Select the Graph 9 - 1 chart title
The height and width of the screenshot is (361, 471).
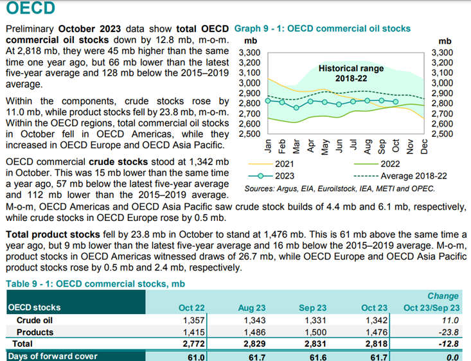[x=323, y=28]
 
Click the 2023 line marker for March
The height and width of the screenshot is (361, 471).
[x=296, y=107]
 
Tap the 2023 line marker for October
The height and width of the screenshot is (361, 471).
[x=396, y=102]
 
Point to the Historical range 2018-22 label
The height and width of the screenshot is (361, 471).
[x=351, y=73]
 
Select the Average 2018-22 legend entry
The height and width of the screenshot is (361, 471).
[x=400, y=176]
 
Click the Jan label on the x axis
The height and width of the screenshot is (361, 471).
[x=268, y=146]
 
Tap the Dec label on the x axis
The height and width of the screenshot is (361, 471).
[x=424, y=146]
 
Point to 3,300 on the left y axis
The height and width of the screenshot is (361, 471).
[x=249, y=53]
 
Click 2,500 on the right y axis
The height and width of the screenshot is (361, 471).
[x=442, y=134]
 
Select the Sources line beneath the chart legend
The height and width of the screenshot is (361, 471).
[x=340, y=189]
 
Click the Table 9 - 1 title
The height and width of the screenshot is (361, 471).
[x=96, y=284]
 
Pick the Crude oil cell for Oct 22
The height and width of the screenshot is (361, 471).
[x=194, y=321]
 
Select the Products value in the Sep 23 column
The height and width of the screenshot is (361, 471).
[x=315, y=332]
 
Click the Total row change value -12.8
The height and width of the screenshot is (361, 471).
[x=449, y=344]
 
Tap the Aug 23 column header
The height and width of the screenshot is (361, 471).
[x=252, y=308]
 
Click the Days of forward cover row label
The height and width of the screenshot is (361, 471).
[x=53, y=357]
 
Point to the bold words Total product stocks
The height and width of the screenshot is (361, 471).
[x=53, y=234]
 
